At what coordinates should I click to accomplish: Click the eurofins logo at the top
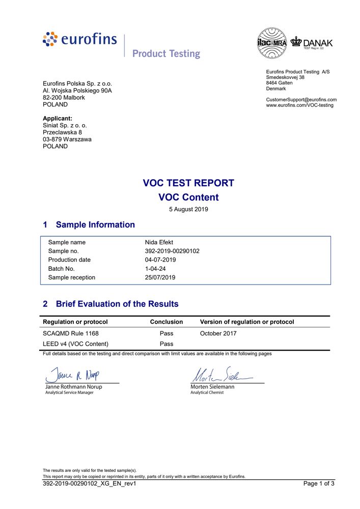point(80,39)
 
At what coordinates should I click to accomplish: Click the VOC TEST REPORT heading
point(188,183)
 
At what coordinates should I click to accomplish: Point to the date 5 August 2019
point(188,209)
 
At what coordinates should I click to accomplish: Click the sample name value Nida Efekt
point(159,242)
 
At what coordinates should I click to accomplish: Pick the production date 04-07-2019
point(160,260)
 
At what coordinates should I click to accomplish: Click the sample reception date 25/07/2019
point(160,277)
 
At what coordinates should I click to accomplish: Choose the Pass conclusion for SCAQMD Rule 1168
point(167,333)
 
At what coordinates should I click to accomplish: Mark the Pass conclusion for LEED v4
point(167,344)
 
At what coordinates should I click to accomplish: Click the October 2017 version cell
point(218,333)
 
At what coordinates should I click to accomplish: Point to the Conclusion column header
point(167,322)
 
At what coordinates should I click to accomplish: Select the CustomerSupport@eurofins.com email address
point(301,99)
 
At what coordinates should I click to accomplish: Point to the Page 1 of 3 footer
point(319,484)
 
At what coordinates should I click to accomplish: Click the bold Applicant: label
point(58,118)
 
